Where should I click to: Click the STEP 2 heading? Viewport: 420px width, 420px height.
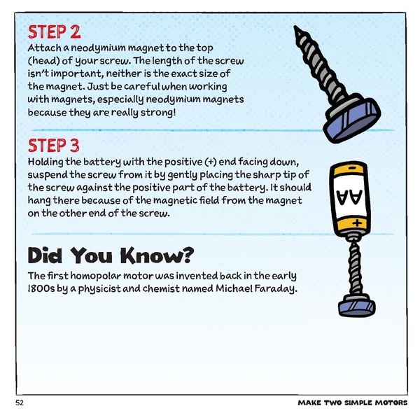54,32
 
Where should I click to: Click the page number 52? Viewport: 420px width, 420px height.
18,404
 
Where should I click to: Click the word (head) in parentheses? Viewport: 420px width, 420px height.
45,61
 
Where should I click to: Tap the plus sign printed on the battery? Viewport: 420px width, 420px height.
358,223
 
